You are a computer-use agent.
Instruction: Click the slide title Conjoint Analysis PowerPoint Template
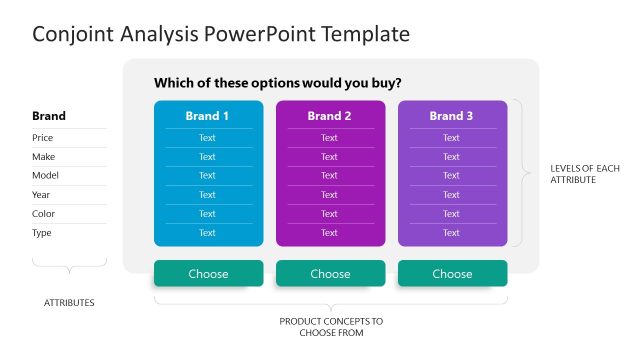pos(221,34)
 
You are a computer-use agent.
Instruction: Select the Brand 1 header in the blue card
pos(208,116)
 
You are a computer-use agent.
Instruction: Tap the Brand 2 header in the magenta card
pos(330,116)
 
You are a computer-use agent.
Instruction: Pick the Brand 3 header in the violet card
pos(452,116)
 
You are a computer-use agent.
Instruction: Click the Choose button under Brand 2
pos(330,273)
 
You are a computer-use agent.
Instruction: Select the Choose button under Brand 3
pos(452,273)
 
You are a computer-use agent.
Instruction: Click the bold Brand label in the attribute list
pos(49,116)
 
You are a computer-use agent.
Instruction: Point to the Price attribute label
pos(43,138)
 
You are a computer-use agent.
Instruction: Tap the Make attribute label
pos(43,157)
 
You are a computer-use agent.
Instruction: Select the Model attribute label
pos(45,176)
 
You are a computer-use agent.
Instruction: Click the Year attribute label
pos(41,195)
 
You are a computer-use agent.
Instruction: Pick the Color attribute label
pos(43,214)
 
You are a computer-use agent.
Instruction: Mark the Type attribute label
pos(42,233)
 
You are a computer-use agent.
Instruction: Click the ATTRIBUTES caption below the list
pos(69,302)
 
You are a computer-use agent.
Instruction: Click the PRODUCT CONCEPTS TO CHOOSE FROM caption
pos(330,327)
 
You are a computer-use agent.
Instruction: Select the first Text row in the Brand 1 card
pos(207,138)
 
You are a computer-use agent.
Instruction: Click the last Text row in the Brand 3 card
pos(452,233)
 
